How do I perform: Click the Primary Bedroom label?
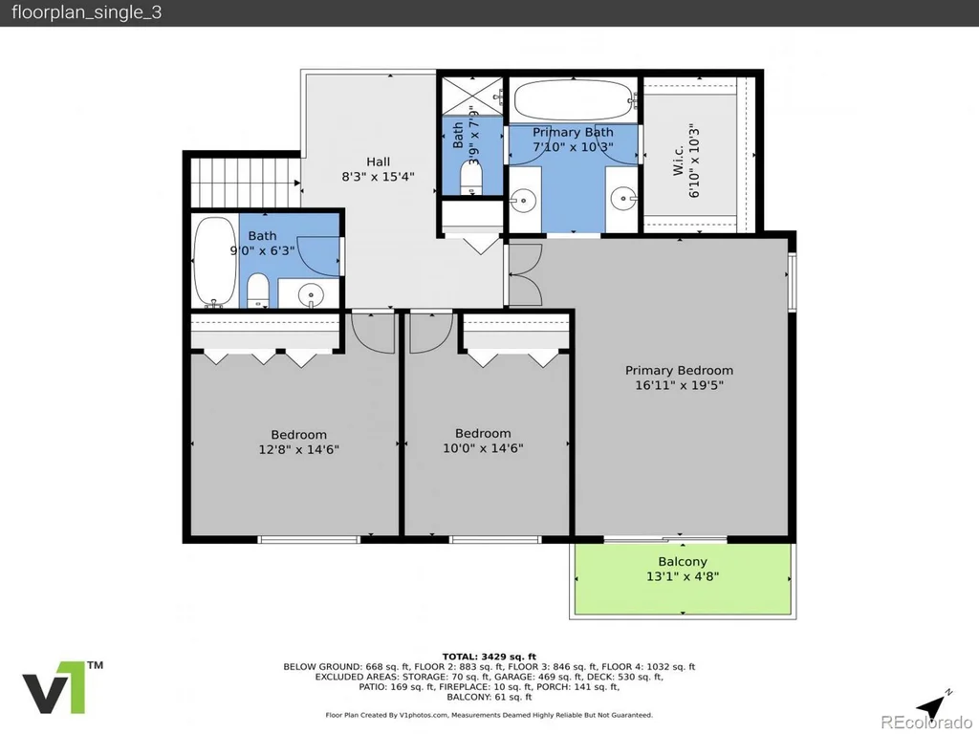[679, 370]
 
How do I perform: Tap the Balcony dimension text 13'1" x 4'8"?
[683, 576]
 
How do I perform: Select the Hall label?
[379, 162]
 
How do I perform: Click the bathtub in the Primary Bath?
[574, 99]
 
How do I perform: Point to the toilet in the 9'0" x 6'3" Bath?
[257, 291]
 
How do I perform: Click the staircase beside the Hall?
[245, 183]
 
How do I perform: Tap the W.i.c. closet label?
[679, 161]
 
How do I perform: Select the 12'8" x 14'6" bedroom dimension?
[298, 449]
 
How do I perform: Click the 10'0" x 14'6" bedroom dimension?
[483, 448]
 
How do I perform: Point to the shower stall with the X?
[472, 97]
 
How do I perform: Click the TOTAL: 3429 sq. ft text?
[489, 657]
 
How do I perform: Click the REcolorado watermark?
[926, 723]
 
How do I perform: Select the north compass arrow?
[932, 706]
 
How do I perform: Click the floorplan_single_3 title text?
[87, 12]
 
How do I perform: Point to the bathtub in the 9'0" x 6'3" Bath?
[214, 262]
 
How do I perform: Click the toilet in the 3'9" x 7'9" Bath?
[471, 178]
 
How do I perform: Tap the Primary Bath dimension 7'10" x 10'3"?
[573, 147]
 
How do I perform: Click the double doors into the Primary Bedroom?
[525, 274]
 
